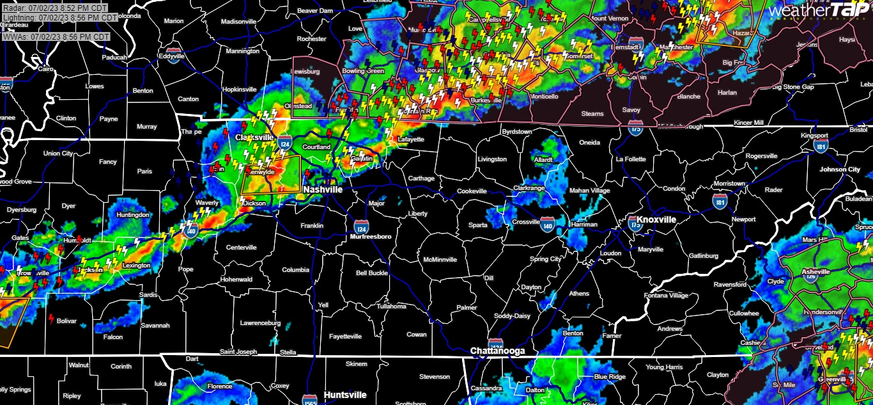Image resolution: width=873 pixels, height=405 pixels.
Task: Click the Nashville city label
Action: click(x=323, y=190)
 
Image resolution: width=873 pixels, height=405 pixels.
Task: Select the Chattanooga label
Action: click(x=497, y=351)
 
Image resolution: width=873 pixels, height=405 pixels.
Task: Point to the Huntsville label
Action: click(x=345, y=395)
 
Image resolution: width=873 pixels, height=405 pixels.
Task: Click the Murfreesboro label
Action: click(x=371, y=237)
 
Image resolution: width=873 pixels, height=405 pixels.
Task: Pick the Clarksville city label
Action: click(x=254, y=138)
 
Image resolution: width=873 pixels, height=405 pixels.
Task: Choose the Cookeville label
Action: click(x=472, y=191)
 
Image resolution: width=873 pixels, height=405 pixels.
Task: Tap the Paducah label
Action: click(x=115, y=57)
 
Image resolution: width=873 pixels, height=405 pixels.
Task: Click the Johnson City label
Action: click(x=840, y=170)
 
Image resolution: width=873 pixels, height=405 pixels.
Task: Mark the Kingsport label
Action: click(x=815, y=136)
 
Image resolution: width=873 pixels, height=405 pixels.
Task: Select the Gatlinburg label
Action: click(x=704, y=256)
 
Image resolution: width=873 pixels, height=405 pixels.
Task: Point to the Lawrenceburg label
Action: click(x=261, y=323)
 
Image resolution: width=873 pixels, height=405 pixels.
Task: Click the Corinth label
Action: click(x=121, y=367)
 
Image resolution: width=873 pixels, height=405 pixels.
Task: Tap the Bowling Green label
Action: click(x=363, y=71)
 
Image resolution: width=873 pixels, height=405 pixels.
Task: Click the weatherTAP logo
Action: click(x=819, y=10)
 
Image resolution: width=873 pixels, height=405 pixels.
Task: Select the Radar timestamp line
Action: click(x=54, y=8)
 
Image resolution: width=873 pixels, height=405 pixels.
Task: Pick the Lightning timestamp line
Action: click(x=59, y=18)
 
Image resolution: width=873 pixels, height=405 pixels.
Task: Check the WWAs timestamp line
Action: click(x=56, y=37)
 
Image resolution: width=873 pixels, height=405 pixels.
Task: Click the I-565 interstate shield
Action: click(x=310, y=397)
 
